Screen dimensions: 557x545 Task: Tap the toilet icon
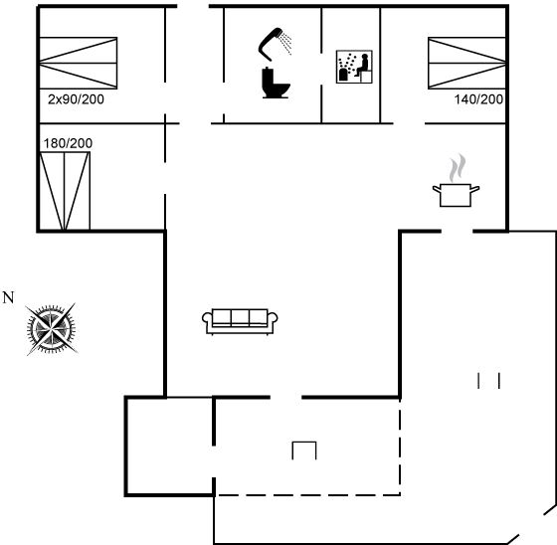point(276,83)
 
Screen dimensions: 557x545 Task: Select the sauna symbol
point(354,67)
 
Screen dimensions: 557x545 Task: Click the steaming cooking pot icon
point(456,180)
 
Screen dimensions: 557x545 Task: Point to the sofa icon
point(240,321)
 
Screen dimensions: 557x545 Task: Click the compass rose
point(52,329)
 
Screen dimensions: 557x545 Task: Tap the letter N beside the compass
point(8,297)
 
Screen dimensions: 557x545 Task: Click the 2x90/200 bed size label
point(76,99)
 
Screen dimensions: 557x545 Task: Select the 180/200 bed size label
point(68,143)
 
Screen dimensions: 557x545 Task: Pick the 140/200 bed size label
point(478,99)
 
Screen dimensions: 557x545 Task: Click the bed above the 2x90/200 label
point(79,63)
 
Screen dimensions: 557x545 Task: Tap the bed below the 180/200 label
point(65,191)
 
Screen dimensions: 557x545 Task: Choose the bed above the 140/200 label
point(466,63)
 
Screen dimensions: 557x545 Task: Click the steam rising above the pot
point(458,168)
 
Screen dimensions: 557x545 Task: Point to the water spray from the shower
point(285,43)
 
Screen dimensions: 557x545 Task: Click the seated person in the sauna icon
point(362,65)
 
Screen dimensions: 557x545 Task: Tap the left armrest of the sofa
point(207,318)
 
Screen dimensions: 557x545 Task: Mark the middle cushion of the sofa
point(240,317)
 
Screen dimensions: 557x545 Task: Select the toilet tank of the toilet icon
point(268,78)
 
